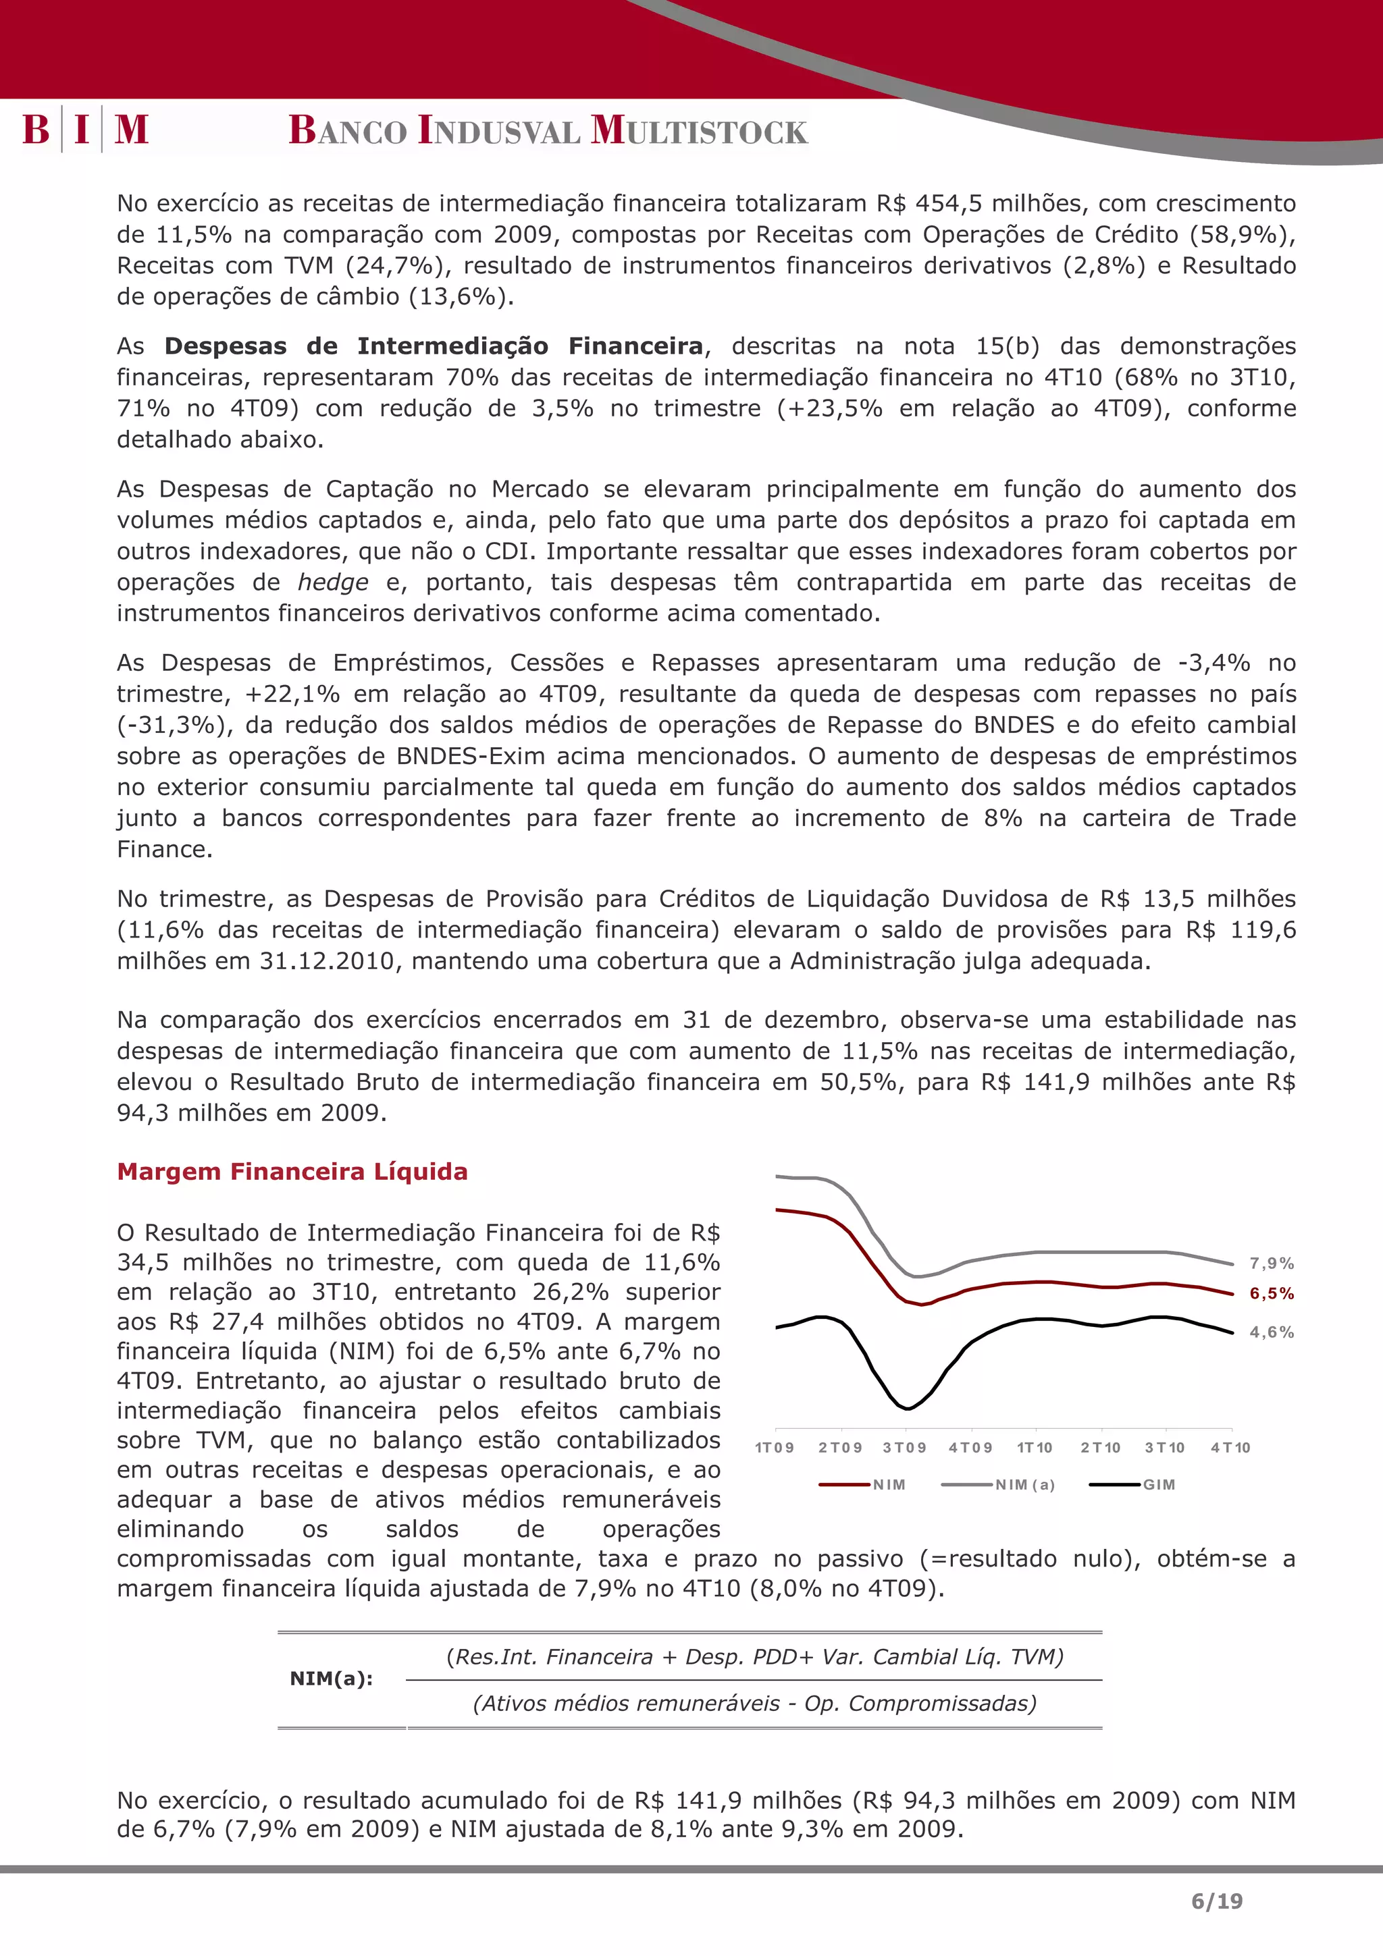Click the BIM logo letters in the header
pos(85,130)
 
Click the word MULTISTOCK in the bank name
pos(699,130)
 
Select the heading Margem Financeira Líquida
pos(292,1172)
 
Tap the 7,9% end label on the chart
pos(1272,1264)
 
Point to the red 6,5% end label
pos(1272,1293)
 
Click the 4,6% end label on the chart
pos(1272,1332)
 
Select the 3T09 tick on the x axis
pos(904,1447)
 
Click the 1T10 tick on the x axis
pos(1035,1447)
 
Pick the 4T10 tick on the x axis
pos(1230,1447)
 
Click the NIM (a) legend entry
pos(1024,1485)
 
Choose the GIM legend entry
pos(1158,1485)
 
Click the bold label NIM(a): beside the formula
pos(332,1679)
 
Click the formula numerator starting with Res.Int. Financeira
pos(754,1657)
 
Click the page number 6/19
pos(1217,1901)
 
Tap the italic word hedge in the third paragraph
pos(333,582)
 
